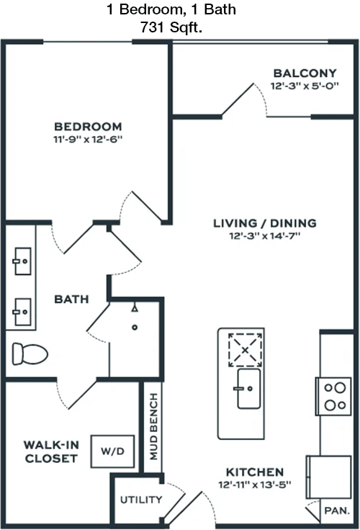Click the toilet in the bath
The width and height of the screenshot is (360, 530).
(x=30, y=354)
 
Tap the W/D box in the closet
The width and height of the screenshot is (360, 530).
(x=112, y=452)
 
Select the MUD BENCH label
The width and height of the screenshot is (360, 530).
(x=153, y=426)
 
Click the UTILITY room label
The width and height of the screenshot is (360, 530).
(x=141, y=499)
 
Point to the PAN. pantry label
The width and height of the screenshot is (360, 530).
(x=337, y=511)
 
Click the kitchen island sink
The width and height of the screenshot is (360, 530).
(x=249, y=389)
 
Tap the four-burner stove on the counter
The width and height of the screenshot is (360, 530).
(x=333, y=397)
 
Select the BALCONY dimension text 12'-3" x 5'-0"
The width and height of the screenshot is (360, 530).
(x=305, y=86)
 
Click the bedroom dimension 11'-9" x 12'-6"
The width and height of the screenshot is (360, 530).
(x=88, y=139)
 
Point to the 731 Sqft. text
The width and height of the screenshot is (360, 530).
(x=171, y=27)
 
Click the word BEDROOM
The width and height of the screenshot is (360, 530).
(x=88, y=127)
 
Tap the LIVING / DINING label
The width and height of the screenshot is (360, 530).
(x=265, y=223)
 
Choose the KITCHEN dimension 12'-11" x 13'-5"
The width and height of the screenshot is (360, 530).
(x=255, y=485)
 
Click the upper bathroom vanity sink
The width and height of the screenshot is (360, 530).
(x=22, y=261)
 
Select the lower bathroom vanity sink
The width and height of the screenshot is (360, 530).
(x=22, y=312)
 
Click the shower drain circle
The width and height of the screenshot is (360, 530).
(x=135, y=327)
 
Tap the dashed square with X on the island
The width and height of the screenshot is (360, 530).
(x=245, y=350)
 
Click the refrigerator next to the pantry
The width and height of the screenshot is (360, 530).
(x=328, y=477)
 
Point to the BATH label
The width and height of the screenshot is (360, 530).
(x=72, y=299)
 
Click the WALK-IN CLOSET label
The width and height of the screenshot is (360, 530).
(x=51, y=452)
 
